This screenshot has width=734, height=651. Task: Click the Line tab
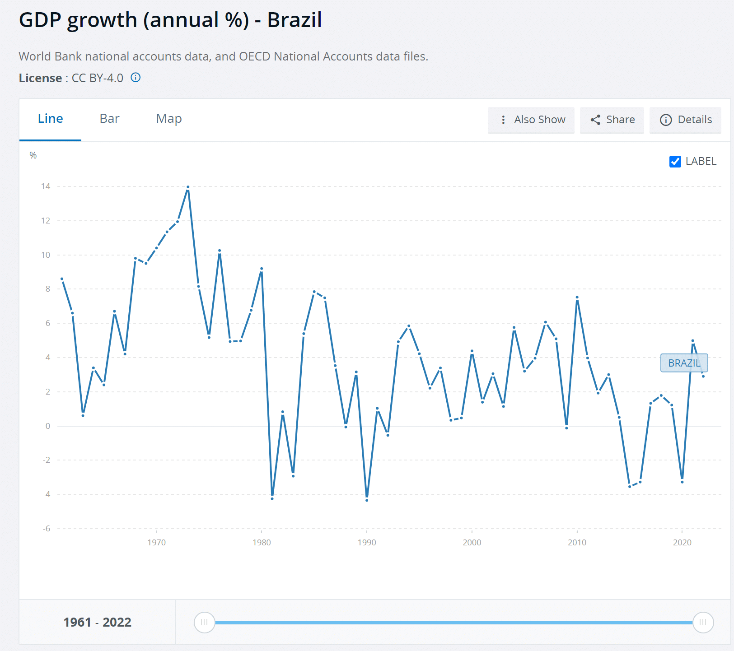point(50,119)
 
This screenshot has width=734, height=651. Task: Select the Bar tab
point(109,119)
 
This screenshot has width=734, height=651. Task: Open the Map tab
point(169,119)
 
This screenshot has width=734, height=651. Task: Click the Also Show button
point(531,120)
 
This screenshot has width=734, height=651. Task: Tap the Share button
point(612,120)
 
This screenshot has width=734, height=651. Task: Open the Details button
point(685,120)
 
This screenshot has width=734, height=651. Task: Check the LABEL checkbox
point(675,162)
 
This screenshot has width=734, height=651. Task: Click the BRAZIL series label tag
point(684,363)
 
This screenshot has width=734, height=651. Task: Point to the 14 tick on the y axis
point(46,186)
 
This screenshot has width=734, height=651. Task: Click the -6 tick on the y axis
point(47,529)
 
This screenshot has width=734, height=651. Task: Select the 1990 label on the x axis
point(367,543)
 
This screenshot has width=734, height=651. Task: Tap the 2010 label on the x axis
point(577,543)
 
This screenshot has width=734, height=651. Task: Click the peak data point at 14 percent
point(188,187)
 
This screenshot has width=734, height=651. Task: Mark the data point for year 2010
point(577,298)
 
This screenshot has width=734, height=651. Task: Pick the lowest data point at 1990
point(367,500)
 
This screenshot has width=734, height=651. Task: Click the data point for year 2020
point(682,482)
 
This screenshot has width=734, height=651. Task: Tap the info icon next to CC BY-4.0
point(136,78)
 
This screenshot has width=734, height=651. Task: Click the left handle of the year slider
point(204,623)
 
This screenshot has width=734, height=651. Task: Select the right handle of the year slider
point(703,623)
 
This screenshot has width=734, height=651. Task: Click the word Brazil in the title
point(295,20)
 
